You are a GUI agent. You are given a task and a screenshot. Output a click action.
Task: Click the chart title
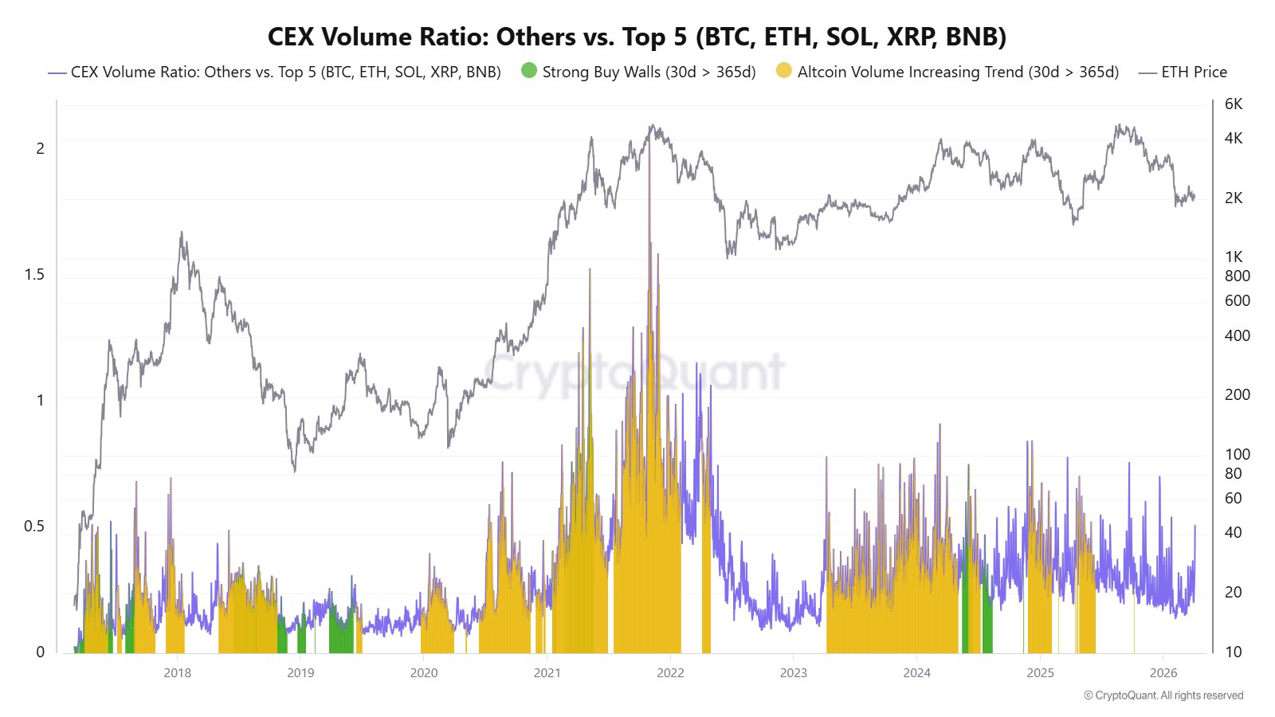coord(637,37)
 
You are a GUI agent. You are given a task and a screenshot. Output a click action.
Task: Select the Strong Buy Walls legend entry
coord(648,72)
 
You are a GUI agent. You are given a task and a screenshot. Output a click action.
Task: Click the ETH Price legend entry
coord(1193,72)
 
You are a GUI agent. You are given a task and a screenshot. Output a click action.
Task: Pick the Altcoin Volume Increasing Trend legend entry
coord(957,72)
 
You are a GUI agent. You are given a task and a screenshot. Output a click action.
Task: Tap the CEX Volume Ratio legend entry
coord(285,72)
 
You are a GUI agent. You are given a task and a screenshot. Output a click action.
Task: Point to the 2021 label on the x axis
coord(547,673)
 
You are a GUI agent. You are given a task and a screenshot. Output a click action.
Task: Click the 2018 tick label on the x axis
coord(177,673)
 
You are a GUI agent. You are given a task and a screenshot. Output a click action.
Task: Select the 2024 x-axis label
coord(916,673)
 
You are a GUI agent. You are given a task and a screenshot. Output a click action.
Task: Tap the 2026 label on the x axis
coord(1163,673)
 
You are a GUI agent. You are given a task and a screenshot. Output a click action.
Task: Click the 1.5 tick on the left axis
coord(34,275)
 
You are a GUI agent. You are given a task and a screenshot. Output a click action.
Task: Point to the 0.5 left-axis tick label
coord(34,527)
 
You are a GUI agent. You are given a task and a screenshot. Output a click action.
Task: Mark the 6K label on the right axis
coord(1234,104)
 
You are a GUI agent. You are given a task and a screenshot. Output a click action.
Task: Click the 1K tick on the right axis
coord(1234,257)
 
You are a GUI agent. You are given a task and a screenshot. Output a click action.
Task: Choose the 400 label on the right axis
coord(1237,335)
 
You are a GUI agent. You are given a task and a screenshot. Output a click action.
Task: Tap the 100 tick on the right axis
coord(1237,454)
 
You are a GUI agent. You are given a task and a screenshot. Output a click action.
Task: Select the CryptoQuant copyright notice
coord(1163,695)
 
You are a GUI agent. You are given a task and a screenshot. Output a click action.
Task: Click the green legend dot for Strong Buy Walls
coord(529,71)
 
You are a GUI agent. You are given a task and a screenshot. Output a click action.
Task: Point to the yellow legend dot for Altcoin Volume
coord(784,71)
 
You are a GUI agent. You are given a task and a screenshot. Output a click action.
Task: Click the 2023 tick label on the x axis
coord(793,673)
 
